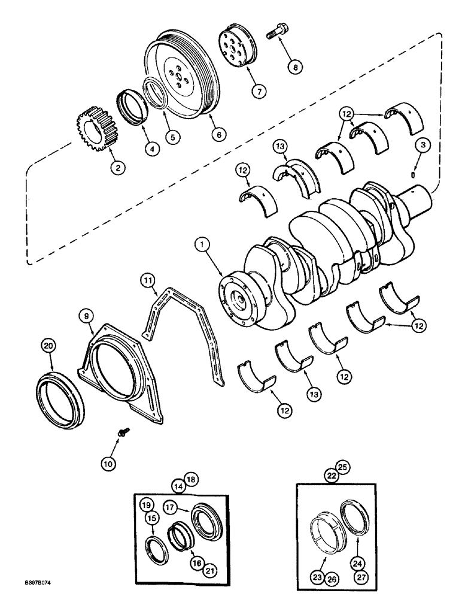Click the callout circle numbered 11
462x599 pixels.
(147, 279)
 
